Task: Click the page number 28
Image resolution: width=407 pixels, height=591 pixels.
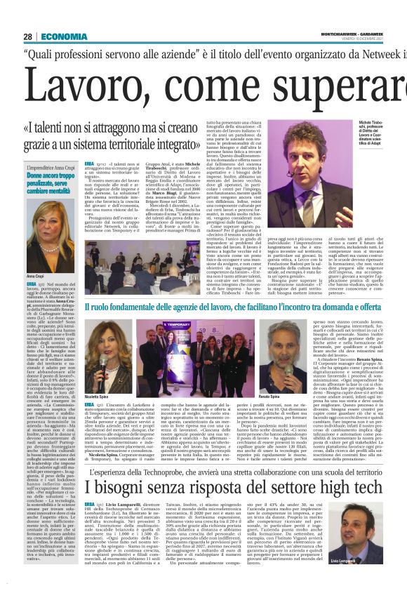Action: click(x=27, y=36)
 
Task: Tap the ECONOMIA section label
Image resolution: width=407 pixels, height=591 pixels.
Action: click(x=65, y=36)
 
